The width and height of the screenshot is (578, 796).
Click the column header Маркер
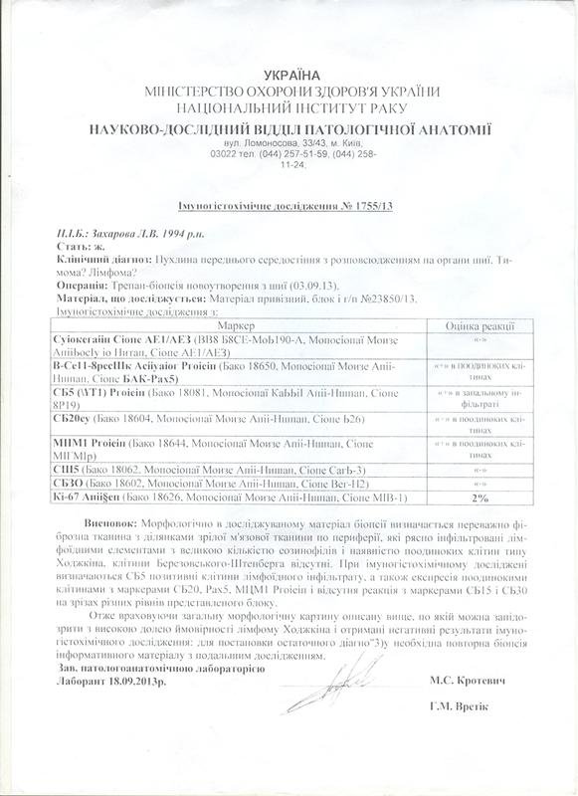coord(235,325)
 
